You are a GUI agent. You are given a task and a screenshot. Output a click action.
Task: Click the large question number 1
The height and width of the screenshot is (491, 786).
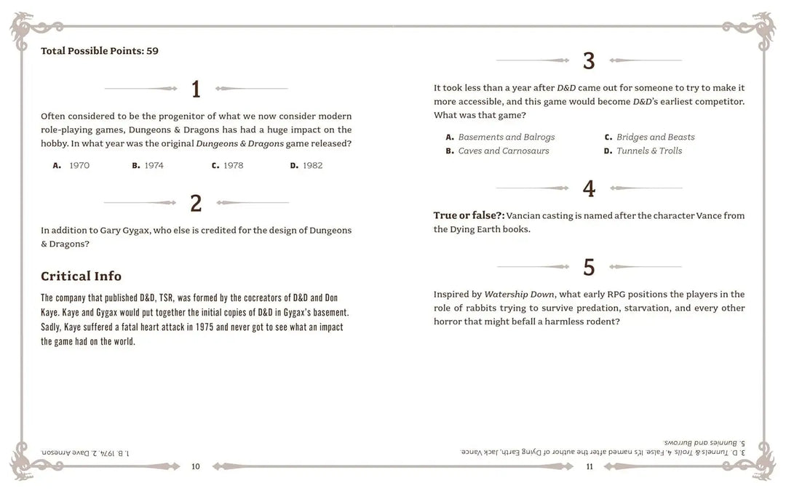pyautogui.click(x=195, y=89)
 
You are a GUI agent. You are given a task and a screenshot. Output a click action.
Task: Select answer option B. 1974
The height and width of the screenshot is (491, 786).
pyautogui.click(x=148, y=166)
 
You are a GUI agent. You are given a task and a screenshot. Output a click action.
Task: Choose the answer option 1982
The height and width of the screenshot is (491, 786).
pyautogui.click(x=306, y=166)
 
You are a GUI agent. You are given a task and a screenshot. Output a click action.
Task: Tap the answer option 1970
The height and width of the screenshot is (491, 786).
pyautogui.click(x=71, y=166)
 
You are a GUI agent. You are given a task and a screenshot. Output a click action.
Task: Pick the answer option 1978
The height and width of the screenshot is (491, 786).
pyautogui.click(x=226, y=166)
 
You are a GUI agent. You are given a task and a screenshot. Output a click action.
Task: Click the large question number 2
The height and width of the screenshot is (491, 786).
pyautogui.click(x=195, y=204)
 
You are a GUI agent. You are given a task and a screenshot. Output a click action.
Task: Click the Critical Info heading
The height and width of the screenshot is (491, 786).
pyautogui.click(x=81, y=276)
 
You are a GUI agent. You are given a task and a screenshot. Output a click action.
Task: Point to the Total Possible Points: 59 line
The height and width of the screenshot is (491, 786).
pyautogui.click(x=100, y=51)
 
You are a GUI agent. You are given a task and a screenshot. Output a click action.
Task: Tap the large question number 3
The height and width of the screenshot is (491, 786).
pyautogui.click(x=589, y=61)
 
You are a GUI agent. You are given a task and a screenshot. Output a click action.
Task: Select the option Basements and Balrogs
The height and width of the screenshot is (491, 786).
pyautogui.click(x=500, y=137)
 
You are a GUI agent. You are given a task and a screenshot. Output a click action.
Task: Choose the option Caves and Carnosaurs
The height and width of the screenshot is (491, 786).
pyautogui.click(x=497, y=151)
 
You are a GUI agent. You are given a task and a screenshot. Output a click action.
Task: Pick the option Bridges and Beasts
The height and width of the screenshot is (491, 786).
pyautogui.click(x=649, y=137)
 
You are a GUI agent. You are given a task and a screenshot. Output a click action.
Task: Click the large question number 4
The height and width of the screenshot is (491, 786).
pyautogui.click(x=589, y=189)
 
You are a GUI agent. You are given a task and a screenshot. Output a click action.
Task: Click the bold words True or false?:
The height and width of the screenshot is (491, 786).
pyautogui.click(x=469, y=215)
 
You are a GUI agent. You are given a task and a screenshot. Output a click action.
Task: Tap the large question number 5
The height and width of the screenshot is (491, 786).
pyautogui.click(x=589, y=268)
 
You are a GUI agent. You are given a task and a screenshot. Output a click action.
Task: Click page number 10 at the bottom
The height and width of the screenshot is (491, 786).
pyautogui.click(x=196, y=466)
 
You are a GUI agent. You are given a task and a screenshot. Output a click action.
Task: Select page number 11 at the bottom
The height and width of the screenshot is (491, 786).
pyautogui.click(x=589, y=466)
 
